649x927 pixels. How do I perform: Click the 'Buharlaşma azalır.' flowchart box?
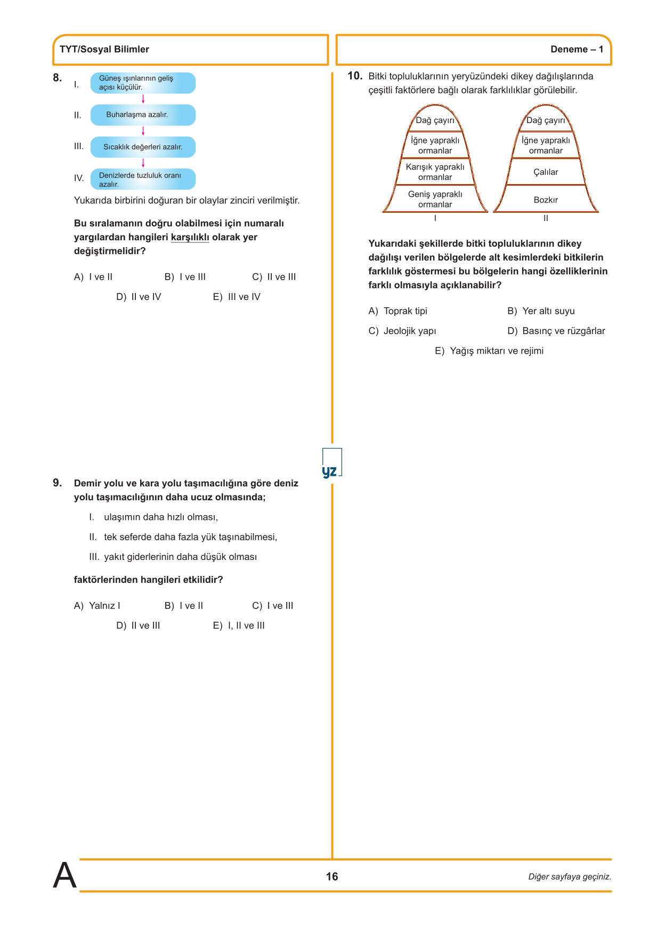pos(143,115)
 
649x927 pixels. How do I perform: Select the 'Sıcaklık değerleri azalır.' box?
pos(143,147)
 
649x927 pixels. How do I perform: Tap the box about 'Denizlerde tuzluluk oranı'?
pos(143,180)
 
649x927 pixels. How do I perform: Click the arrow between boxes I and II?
pos(143,99)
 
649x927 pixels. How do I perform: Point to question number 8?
pos(57,78)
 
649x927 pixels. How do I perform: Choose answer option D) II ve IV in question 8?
pos(139,297)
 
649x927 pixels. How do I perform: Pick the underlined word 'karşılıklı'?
pos(190,237)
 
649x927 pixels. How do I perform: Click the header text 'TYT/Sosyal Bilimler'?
pos(104,50)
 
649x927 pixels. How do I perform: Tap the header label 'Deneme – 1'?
pos(577,50)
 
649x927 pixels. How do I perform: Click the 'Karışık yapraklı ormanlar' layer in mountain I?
pos(435,172)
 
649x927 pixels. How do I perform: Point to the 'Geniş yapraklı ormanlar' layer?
pos(435,199)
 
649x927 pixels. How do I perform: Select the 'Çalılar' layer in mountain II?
pos(546,172)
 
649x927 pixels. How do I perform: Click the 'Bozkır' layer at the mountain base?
pos(546,200)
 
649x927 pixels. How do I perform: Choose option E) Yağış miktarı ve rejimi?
pos(489,351)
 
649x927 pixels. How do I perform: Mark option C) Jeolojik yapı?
pos(402,331)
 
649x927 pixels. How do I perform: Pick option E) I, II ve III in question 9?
pos(239,625)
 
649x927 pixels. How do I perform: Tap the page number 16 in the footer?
pos(332,876)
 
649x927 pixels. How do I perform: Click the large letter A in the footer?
pos(64,875)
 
